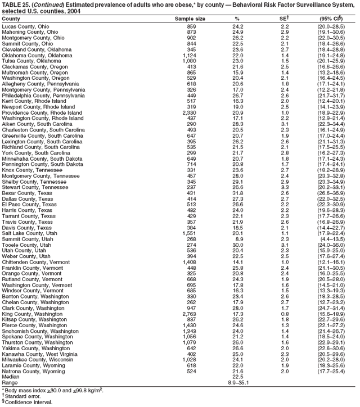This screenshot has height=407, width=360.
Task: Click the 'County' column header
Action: pyautogui.click(x=11, y=19)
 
